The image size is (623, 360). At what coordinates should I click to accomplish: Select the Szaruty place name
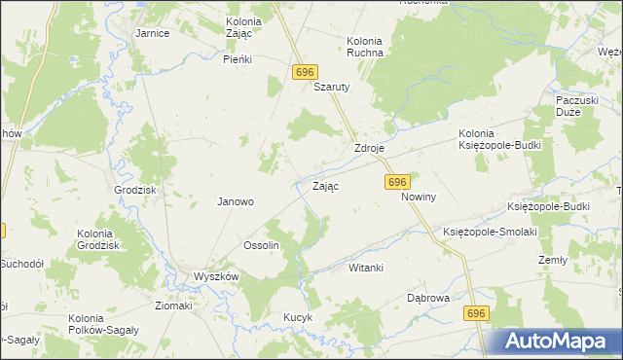coord(331,86)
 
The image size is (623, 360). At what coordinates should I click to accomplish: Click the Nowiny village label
coord(419,197)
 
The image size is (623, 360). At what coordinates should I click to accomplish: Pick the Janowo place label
coord(235,202)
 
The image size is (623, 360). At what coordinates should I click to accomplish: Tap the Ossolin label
coord(261,245)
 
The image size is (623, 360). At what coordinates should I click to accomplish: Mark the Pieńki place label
coord(238,59)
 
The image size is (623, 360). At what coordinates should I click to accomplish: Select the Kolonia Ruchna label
coord(365,47)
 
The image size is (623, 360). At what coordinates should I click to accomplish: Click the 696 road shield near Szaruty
coord(304,74)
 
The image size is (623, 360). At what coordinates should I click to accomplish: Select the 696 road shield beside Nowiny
coord(396,182)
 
